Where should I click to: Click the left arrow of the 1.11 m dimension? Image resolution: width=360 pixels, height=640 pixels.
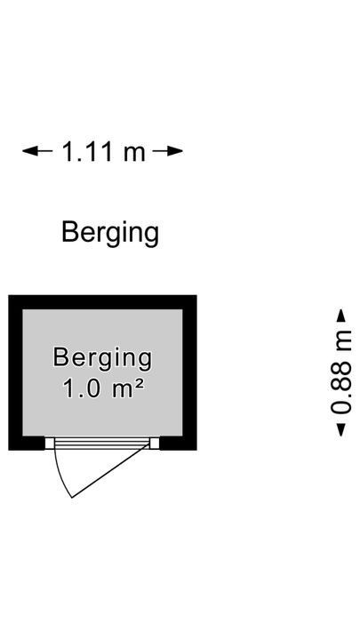pyautogui.click(x=37, y=151)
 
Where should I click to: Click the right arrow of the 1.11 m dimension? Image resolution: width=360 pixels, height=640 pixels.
pyautogui.click(x=167, y=151)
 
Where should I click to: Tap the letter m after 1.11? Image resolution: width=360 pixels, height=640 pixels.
pyautogui.click(x=134, y=155)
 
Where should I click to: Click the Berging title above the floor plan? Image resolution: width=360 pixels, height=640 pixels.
pyautogui.click(x=110, y=234)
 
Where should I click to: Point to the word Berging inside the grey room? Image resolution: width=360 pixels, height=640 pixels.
pyautogui.click(x=102, y=358)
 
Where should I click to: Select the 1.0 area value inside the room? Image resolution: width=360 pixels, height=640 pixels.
pyautogui.click(x=81, y=388)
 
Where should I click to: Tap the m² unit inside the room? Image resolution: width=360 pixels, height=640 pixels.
pyautogui.click(x=127, y=388)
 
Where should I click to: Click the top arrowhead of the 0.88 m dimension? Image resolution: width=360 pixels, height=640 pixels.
pyautogui.click(x=340, y=316)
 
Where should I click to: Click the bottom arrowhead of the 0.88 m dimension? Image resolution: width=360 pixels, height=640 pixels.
pyautogui.click(x=340, y=430)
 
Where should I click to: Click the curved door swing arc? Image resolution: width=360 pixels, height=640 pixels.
pyautogui.click(x=60, y=476)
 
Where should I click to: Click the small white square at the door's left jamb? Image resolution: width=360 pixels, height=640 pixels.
pyautogui.click(x=50, y=443)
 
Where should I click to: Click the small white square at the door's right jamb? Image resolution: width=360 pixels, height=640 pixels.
pyautogui.click(x=155, y=443)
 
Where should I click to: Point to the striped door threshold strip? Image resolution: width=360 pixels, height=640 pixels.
pyautogui.click(x=102, y=444)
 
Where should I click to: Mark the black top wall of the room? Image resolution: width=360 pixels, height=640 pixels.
pyautogui.click(x=102, y=302)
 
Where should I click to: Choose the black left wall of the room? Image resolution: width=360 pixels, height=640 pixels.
pyautogui.click(x=15, y=372)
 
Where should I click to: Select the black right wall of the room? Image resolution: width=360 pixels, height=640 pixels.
pyautogui.click(x=190, y=372)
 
